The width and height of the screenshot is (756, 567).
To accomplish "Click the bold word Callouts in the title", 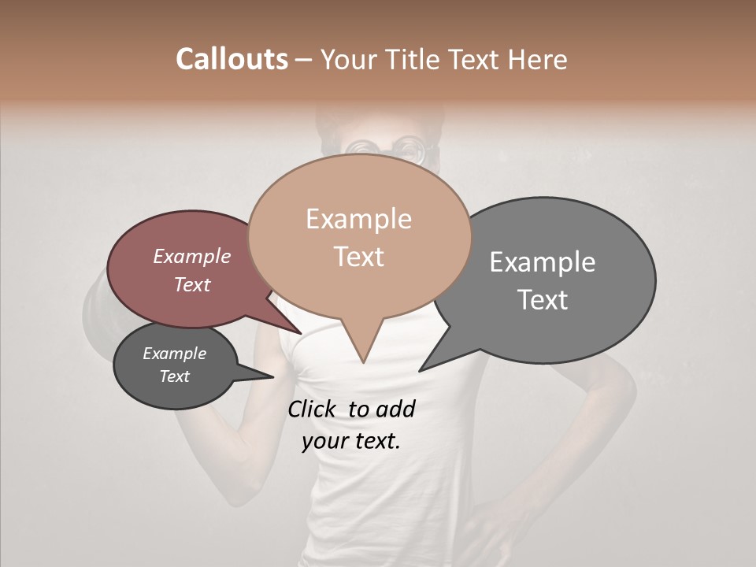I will click(232, 59).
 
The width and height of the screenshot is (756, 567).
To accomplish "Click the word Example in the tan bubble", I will click(358, 219).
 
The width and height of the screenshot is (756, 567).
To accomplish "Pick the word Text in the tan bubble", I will click(359, 257).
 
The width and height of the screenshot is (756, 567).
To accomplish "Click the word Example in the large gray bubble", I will click(543, 262).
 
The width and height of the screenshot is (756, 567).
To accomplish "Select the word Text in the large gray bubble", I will click(543, 300).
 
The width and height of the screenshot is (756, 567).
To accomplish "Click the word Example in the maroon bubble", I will click(192, 256).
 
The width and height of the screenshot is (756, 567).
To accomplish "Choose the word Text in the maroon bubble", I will click(192, 284).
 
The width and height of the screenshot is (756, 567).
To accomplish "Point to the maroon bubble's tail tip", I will click(301, 333).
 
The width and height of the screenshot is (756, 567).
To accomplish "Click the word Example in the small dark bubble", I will click(175, 354).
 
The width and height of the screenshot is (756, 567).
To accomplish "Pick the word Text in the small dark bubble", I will click(175, 376).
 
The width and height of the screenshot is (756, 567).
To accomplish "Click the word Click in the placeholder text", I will click(313, 409).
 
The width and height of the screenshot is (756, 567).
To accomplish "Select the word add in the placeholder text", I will click(395, 409).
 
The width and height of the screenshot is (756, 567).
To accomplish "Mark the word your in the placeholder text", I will click(324, 441).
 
